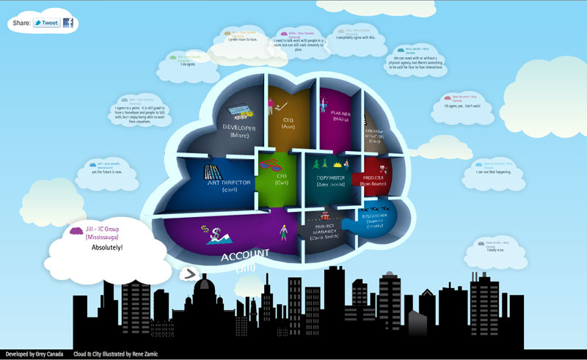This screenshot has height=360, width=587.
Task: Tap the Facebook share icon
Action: (68, 23)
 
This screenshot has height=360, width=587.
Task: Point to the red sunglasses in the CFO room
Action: (274, 161)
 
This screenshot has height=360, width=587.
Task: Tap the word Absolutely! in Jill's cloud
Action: (107, 248)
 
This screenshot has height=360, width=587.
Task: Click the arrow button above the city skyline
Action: (190, 273)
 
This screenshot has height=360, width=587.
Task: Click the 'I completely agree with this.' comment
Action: (357, 37)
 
